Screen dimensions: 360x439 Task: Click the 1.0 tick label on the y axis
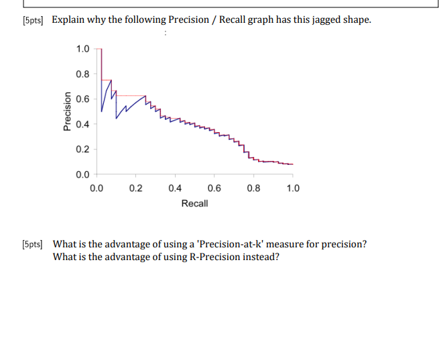click(x=82, y=49)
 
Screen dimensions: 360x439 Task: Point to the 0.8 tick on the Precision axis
click(x=82, y=74)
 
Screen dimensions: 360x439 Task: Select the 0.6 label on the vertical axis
click(x=82, y=99)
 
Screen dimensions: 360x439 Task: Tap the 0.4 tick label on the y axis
click(x=82, y=124)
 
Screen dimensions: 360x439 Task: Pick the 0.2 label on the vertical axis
click(x=82, y=149)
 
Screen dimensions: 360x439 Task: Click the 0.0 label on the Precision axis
click(x=82, y=175)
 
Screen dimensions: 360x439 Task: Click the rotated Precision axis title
click(x=67, y=111)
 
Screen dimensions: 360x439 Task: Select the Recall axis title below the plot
click(x=194, y=203)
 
